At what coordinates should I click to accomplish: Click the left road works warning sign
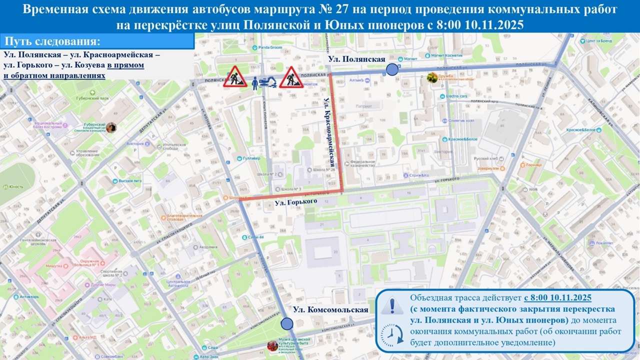click(235, 77)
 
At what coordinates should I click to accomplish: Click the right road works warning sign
click(291, 77)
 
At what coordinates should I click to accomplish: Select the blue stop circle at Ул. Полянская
click(392, 69)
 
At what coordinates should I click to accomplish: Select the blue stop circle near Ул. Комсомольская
click(287, 324)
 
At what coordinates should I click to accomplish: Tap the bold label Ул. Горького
click(296, 201)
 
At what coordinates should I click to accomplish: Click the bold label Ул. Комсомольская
click(330, 309)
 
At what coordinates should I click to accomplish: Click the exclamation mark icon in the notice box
click(392, 304)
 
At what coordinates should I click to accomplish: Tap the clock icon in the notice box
click(392, 333)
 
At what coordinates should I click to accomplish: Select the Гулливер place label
click(251, 158)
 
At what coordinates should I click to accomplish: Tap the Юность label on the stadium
click(16, 187)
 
